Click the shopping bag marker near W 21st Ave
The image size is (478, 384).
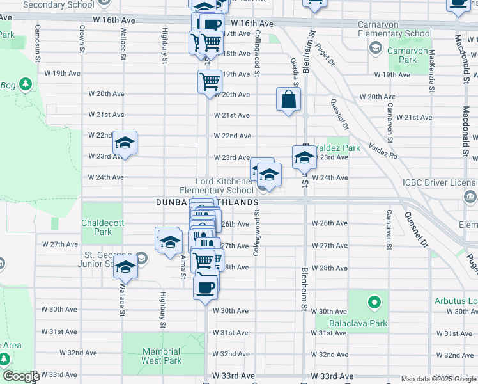click(288, 99)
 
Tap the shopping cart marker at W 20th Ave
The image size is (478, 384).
click(210, 82)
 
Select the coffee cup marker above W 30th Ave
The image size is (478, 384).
click(206, 287)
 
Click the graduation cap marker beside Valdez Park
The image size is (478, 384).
click(304, 157)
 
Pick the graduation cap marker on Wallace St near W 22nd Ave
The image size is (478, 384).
click(125, 143)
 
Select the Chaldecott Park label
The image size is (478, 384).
click(96, 227)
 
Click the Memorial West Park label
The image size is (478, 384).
click(162, 356)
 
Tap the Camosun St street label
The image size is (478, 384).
click(38, 40)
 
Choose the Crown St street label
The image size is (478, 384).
click(82, 40)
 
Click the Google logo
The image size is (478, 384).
click(21, 376)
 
